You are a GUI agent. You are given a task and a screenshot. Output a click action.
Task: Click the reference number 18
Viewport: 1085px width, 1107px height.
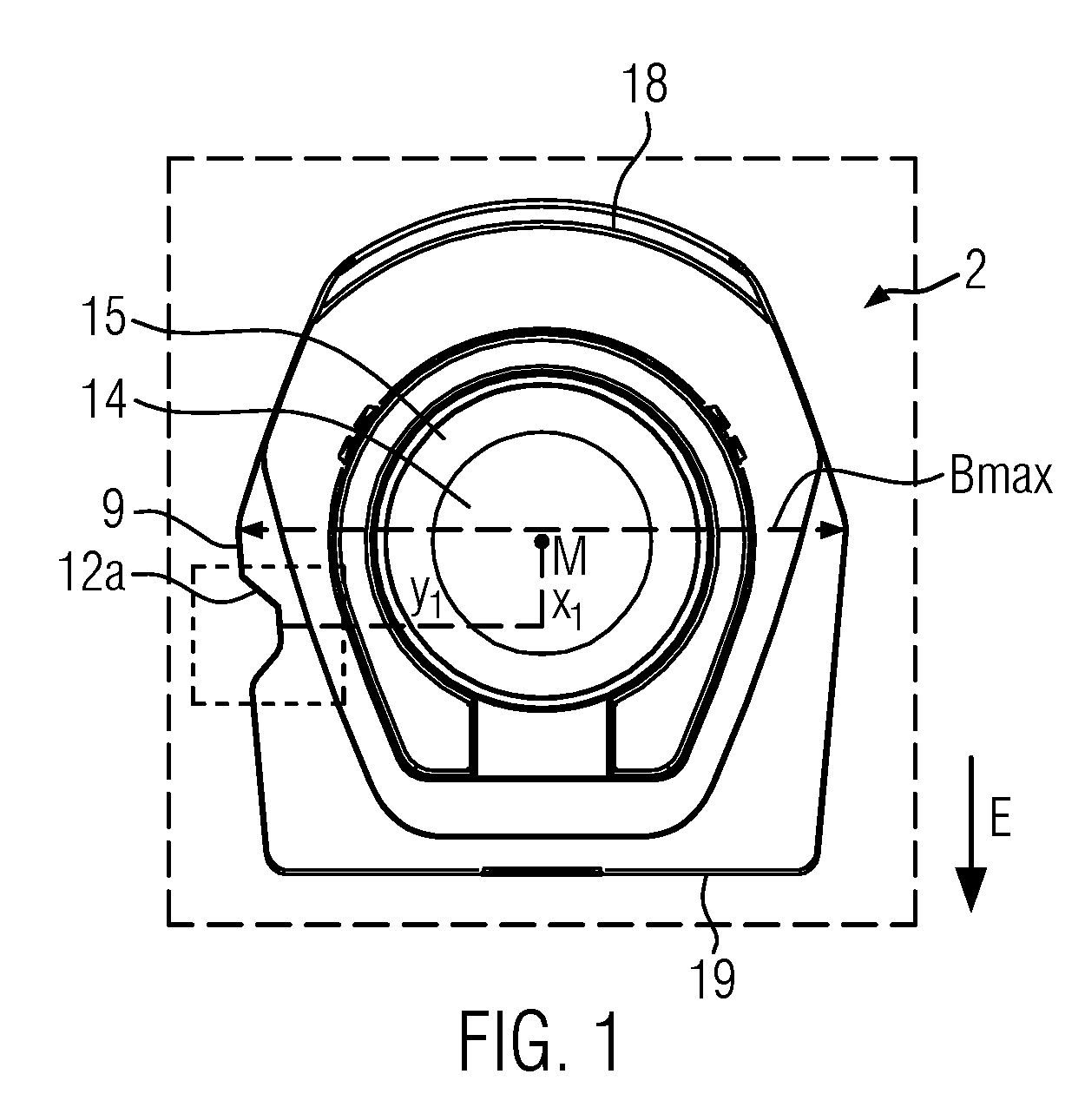coord(648,84)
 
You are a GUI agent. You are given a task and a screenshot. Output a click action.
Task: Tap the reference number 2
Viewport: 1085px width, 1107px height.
coord(975,269)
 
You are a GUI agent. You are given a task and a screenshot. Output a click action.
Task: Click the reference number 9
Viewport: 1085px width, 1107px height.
coord(113,509)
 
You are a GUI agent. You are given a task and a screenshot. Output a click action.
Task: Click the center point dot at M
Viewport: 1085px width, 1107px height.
coord(541,540)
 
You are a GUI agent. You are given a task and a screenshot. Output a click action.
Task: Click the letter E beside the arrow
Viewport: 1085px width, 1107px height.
coord(1000,818)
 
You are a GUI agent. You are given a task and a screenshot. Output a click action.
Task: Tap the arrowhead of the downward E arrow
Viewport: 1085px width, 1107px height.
coord(970,889)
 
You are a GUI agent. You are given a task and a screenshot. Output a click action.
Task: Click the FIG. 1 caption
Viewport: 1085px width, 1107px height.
coord(539,1042)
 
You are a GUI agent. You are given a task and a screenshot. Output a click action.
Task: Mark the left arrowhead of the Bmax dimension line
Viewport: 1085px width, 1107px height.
coord(251,530)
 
